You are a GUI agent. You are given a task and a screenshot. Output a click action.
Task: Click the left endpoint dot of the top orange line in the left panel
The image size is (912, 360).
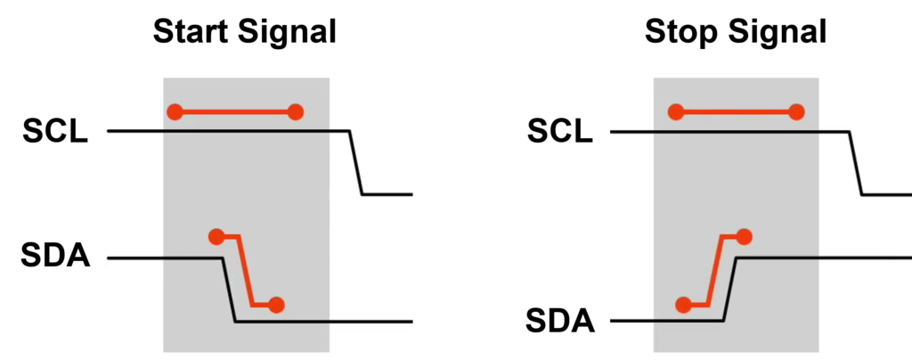[175, 112]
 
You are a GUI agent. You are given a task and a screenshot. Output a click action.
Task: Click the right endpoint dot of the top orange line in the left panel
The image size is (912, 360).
[296, 112]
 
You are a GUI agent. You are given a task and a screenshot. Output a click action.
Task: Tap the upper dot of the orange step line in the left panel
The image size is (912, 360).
[216, 236]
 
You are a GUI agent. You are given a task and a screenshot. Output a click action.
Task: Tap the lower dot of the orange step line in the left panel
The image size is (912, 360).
[276, 305]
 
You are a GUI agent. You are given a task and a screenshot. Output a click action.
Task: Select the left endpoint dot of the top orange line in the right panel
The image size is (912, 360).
[676, 112]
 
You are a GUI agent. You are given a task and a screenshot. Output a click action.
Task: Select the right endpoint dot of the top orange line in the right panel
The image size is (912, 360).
[796, 112]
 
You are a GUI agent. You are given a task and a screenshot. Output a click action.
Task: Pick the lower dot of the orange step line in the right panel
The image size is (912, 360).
[683, 305]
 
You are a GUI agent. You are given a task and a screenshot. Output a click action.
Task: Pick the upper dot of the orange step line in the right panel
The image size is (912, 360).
[745, 236]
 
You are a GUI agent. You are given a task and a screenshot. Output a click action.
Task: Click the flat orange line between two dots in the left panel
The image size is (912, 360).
[236, 112]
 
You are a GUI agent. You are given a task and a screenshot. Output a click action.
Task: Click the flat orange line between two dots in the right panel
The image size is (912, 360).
[737, 112]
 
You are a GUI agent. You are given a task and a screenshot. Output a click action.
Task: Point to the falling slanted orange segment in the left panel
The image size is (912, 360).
[246, 270]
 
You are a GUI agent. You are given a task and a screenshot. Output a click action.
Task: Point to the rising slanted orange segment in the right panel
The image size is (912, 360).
[714, 270]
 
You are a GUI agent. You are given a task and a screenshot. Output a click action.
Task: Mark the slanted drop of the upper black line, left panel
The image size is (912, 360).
[355, 162]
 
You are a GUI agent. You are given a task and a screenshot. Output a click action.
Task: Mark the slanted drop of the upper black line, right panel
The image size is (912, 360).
[856, 162]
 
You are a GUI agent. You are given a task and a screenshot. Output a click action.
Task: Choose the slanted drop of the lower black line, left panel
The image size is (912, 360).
[229, 290]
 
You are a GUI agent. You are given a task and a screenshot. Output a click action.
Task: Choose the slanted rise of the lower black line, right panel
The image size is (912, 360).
[729, 289]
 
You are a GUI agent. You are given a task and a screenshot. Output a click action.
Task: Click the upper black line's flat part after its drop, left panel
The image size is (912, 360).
[388, 193]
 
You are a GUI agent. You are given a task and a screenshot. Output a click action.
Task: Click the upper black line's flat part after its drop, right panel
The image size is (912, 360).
[887, 193]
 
